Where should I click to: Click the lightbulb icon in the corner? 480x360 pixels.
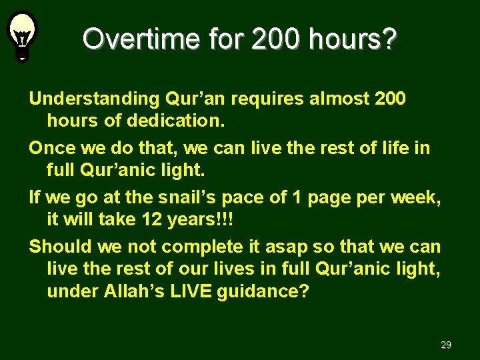22,35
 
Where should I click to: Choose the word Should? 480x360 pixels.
61,246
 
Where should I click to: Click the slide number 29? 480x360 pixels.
446,345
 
